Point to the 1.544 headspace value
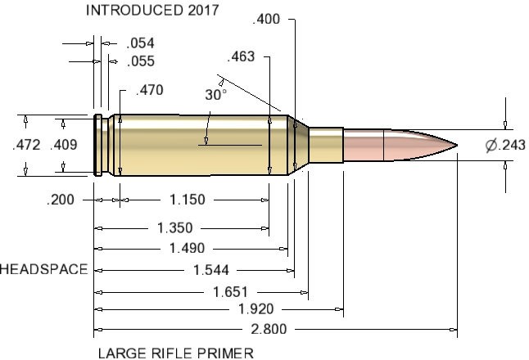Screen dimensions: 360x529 click(x=210, y=269)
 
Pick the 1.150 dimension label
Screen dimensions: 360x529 click(x=188, y=199)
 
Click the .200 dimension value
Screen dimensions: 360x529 click(x=62, y=199)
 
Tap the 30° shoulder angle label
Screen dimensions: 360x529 click(x=215, y=95)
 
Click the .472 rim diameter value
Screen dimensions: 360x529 click(x=26, y=146)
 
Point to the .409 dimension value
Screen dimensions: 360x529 click(x=64, y=146)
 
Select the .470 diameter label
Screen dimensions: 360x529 click(x=149, y=90)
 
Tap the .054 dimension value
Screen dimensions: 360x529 click(x=140, y=43)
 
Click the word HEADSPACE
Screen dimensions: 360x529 click(x=43, y=269)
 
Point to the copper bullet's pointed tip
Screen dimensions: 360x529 click(x=455, y=146)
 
